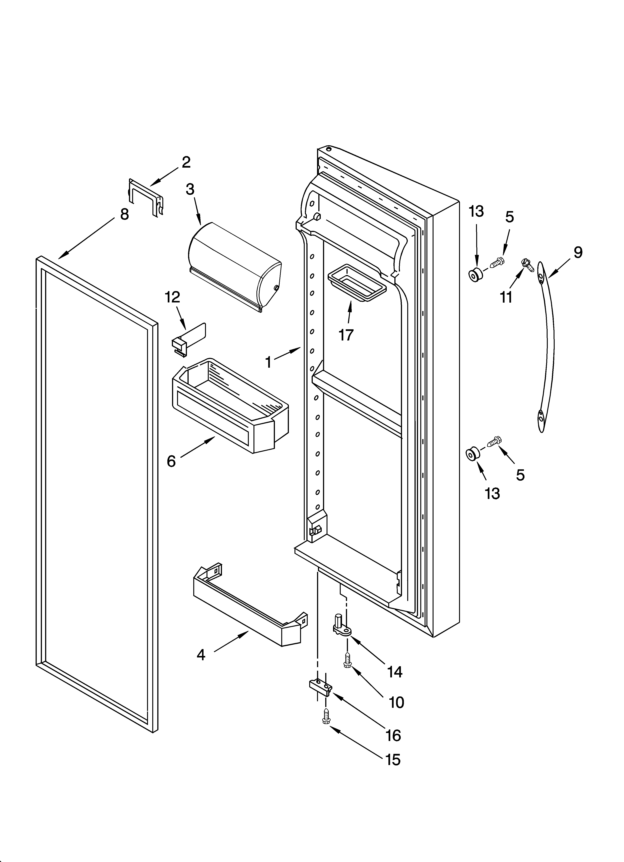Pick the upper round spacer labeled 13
pos(475,274)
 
